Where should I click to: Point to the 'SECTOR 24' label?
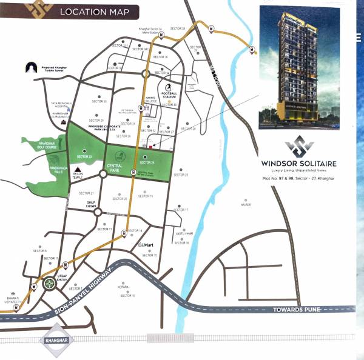point(147,162)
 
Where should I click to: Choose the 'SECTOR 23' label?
point(84,157)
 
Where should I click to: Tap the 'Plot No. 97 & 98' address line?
point(298,180)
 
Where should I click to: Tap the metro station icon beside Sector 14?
point(125,233)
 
